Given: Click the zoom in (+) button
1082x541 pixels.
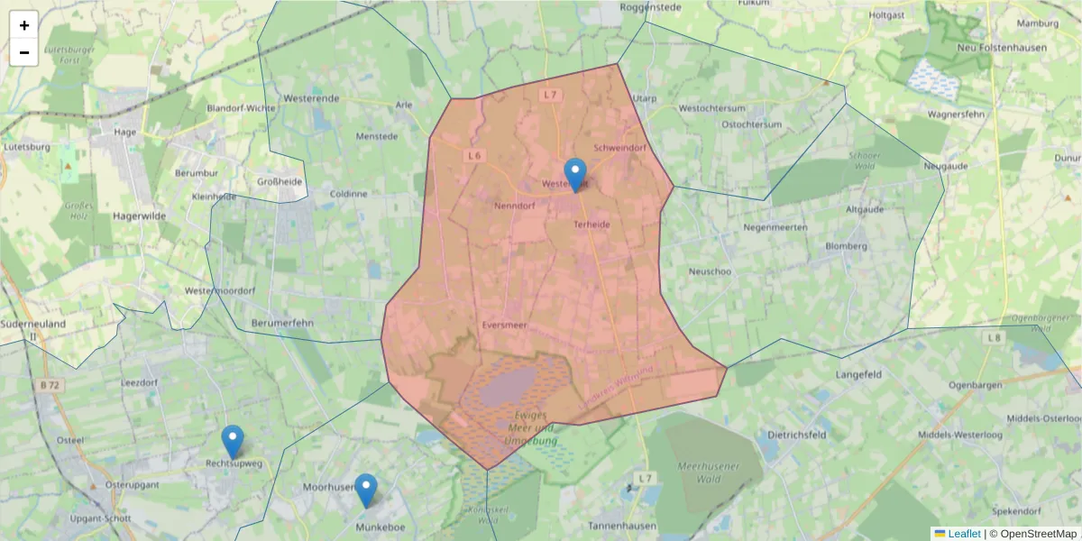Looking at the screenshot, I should pos(24,25).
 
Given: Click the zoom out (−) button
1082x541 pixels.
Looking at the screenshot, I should pos(24,52).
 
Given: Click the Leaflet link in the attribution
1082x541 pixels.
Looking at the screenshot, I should pos(964,534).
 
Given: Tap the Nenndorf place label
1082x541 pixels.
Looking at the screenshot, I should pos(516,206).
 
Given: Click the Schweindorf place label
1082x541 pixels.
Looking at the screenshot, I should pos(620,147).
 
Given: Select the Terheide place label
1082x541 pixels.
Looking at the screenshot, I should pos(591,225).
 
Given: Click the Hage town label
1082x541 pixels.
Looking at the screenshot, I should pos(124,132).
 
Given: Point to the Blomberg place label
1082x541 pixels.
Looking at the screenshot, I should pos(846,245).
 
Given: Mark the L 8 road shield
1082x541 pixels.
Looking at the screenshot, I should pos(994,338).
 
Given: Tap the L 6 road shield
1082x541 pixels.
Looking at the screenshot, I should pos(474,156).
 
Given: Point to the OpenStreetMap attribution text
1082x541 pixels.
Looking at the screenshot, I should pos(1038,534).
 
